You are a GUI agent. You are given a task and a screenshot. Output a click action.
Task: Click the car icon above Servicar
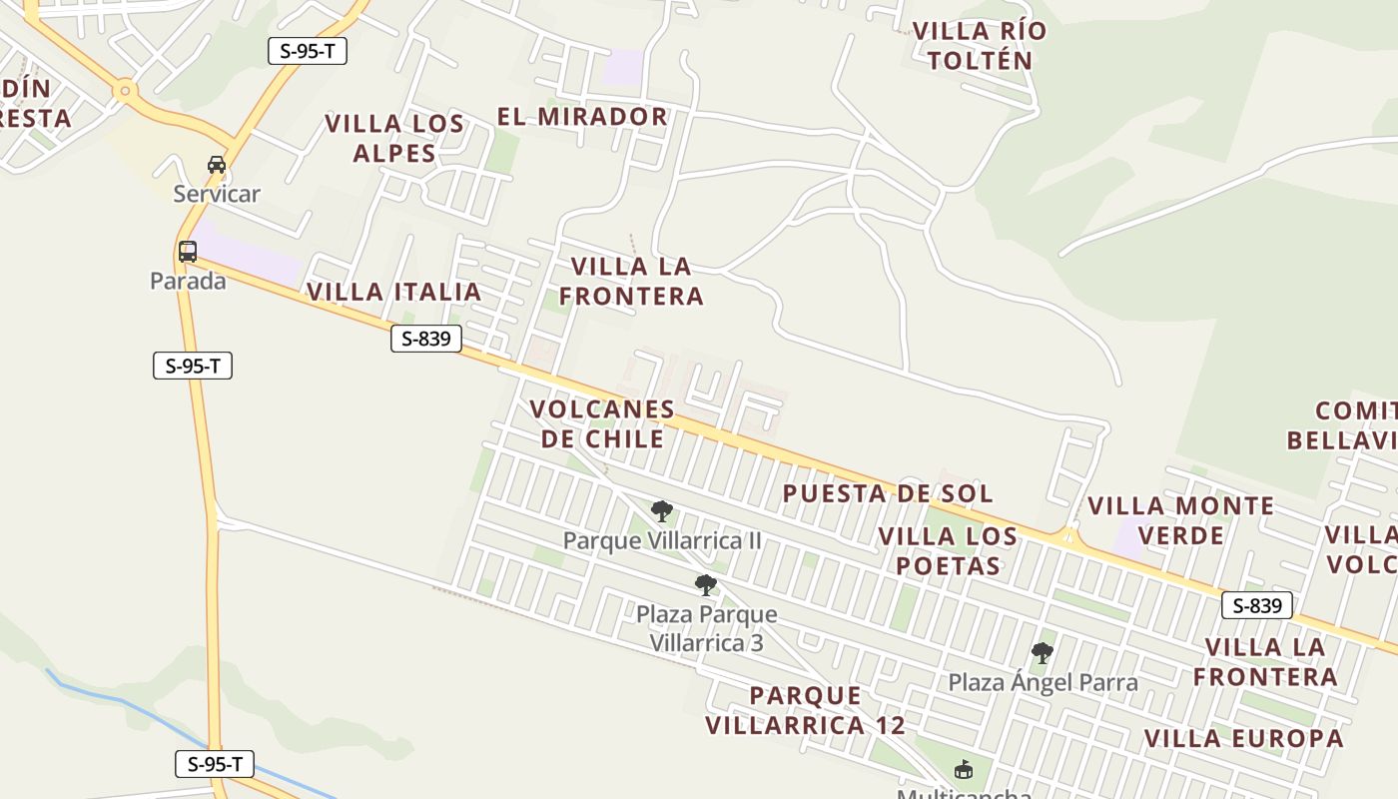coord(217,164)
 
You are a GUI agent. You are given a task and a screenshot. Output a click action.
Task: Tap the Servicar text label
coord(217,194)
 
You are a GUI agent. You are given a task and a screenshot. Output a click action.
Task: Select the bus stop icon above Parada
coord(188,252)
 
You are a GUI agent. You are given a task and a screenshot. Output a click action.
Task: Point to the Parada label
coord(188,282)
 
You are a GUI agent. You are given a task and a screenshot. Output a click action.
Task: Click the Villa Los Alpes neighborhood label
coord(394,139)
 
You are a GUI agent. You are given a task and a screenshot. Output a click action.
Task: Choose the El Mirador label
coord(582,117)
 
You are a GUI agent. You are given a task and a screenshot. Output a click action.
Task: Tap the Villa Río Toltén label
coord(980,46)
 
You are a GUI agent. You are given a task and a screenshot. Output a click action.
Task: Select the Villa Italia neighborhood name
coord(393,292)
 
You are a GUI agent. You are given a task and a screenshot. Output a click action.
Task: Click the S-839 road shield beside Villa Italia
coord(426,339)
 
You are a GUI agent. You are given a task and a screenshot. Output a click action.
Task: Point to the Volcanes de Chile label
coord(602,424)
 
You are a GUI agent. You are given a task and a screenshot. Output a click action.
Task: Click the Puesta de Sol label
coord(888,493)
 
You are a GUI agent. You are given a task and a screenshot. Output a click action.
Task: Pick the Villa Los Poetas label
coord(948,551)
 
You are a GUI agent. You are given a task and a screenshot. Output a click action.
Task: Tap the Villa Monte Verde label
coord(1181,520)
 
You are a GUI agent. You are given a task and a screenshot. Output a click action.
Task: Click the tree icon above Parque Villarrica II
coord(661,511)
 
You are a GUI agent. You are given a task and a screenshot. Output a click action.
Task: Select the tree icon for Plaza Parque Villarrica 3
coord(705,585)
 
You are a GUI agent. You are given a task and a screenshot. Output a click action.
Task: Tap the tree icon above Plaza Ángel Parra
coord(1043,653)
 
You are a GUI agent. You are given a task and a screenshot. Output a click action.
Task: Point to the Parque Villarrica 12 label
coord(805,710)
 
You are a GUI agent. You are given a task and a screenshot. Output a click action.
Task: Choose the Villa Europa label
coord(1243,739)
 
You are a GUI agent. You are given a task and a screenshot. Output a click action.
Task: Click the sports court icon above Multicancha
coord(964,770)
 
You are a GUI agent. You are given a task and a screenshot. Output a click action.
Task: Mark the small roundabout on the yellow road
coord(125,91)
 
